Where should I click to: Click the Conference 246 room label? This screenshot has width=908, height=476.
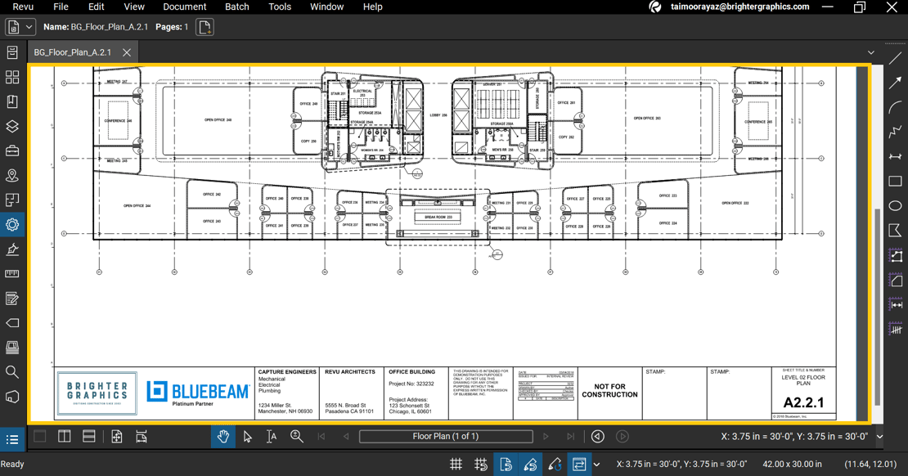(x=118, y=121)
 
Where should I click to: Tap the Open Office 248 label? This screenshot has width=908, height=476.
(x=218, y=120)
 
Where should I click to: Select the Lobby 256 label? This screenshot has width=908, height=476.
(x=438, y=115)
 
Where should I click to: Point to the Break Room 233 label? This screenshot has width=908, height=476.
(x=438, y=217)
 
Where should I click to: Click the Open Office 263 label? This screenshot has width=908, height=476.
(x=646, y=119)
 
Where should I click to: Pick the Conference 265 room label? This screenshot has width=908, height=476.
(x=757, y=122)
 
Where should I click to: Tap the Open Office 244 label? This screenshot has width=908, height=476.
(x=137, y=206)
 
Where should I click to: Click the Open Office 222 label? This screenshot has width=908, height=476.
(x=735, y=203)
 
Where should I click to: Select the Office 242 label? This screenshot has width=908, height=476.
(x=212, y=195)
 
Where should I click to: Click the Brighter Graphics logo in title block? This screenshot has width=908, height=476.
(x=97, y=393)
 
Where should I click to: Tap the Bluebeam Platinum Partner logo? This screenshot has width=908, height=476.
(x=198, y=393)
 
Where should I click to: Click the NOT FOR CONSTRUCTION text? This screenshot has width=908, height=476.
(x=609, y=391)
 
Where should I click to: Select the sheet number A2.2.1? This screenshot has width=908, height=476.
(x=803, y=402)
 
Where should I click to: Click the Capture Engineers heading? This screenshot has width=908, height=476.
(x=287, y=372)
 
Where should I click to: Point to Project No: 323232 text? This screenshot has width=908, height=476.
(x=411, y=384)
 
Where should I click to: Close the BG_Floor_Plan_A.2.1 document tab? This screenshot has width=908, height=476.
(x=127, y=52)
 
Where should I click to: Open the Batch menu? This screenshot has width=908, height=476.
(x=236, y=7)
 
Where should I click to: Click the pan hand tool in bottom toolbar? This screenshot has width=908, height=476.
(x=223, y=437)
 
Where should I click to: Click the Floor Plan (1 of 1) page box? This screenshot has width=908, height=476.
(x=446, y=437)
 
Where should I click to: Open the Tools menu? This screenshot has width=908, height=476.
(x=280, y=7)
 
